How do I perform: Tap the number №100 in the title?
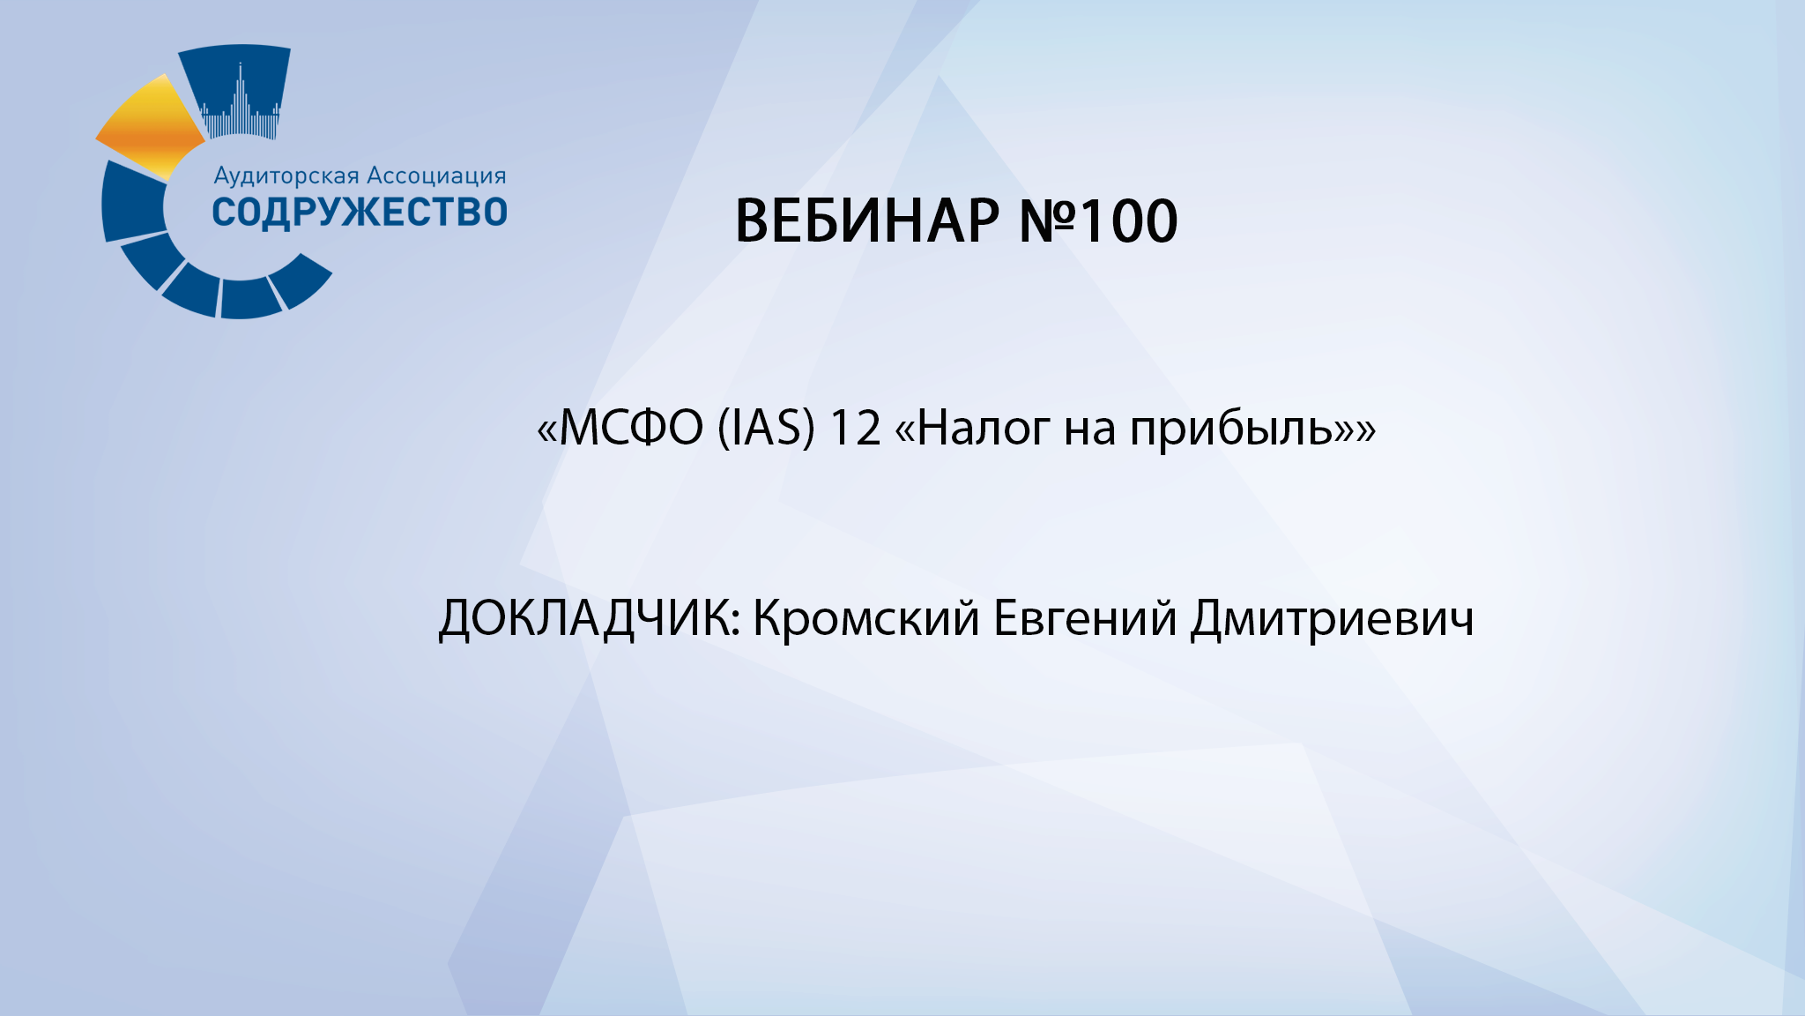tap(1098, 220)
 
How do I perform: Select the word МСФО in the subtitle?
tap(631, 429)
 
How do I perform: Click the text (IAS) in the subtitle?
tap(766, 429)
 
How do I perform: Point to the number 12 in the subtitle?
tap(855, 429)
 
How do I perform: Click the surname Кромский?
tap(865, 618)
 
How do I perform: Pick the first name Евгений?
tap(1085, 618)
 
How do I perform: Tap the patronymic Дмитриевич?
tap(1332, 618)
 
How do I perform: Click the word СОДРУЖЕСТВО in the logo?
tap(360, 213)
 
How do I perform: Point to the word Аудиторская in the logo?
tap(286, 176)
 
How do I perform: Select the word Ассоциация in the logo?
tap(436, 176)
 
